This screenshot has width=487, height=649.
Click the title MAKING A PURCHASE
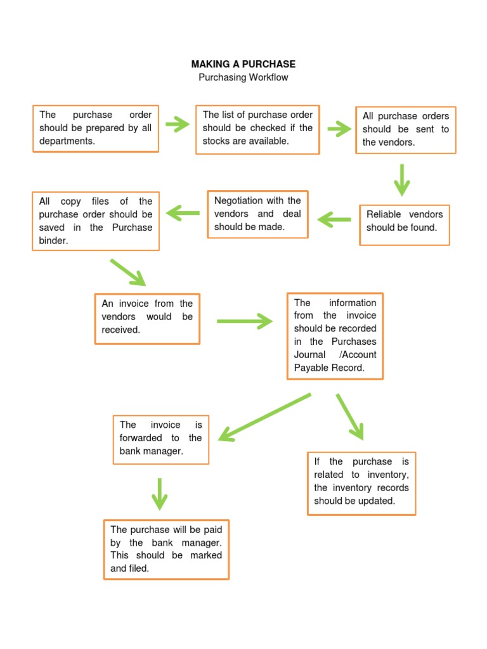click(243, 64)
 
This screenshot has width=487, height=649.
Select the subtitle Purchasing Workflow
click(243, 77)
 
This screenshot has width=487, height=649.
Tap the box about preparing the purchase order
click(96, 129)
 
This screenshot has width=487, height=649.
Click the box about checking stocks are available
click(257, 129)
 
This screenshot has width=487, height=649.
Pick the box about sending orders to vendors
click(406, 130)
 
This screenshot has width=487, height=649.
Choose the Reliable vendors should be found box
click(405, 224)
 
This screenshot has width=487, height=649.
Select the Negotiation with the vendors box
click(257, 214)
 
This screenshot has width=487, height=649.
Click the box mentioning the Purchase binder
click(96, 221)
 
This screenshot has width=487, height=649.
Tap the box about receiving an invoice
click(147, 318)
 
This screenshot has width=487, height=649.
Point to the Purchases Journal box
click(335, 336)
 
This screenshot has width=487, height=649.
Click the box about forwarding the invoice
click(160, 440)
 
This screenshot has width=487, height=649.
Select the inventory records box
click(361, 483)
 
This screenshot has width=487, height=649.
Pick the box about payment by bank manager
click(166, 549)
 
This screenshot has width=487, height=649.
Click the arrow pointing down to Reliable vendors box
click(401, 179)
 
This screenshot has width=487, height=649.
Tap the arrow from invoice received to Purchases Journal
click(244, 321)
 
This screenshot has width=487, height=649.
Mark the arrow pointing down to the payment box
click(160, 493)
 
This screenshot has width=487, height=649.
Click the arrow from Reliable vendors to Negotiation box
click(334, 220)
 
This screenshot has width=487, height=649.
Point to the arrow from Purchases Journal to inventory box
click(350, 416)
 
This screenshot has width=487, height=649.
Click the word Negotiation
click(238, 201)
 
